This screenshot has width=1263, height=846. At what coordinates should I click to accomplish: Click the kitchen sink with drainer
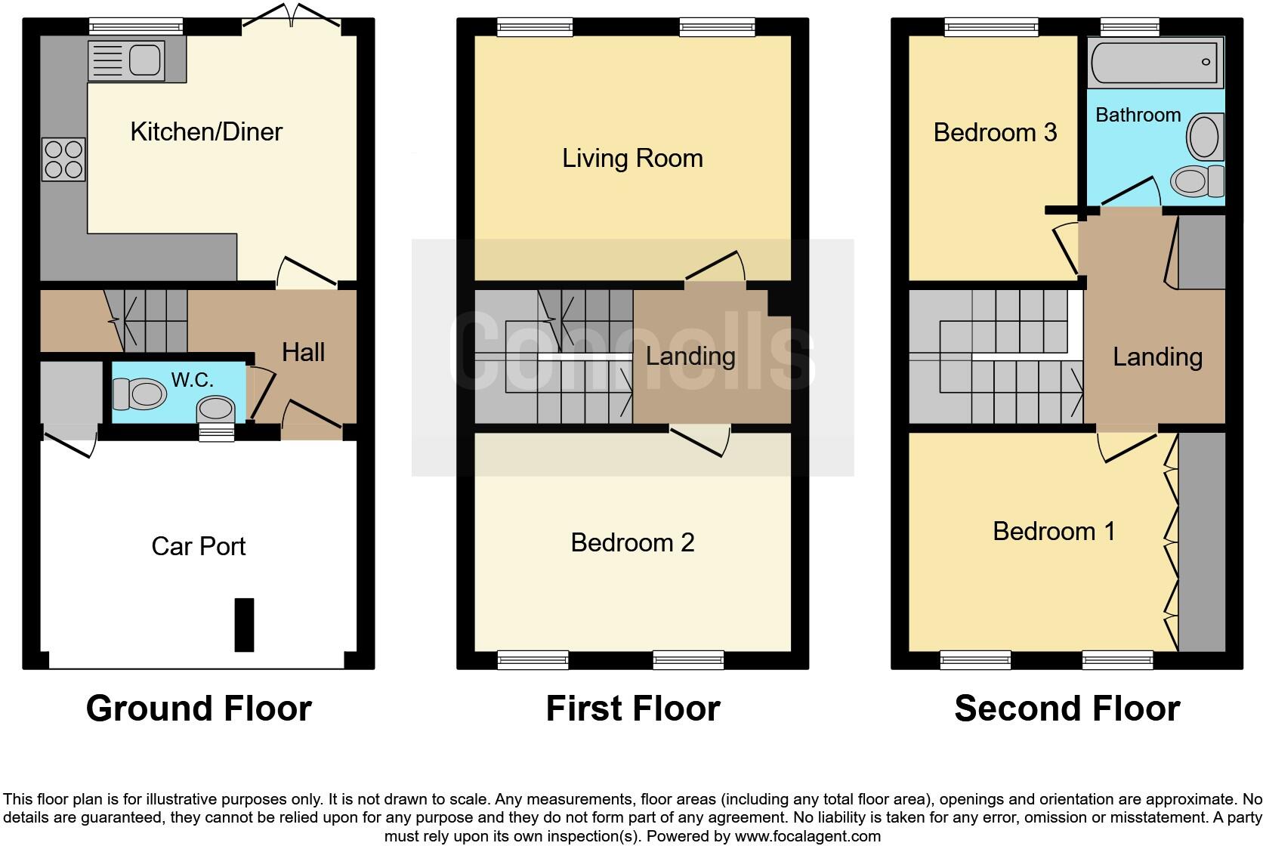pyautogui.click(x=127, y=60)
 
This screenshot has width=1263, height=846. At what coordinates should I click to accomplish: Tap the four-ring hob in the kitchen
pyautogui.click(x=63, y=159)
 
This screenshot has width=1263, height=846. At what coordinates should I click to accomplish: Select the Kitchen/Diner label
pyautogui.click(x=206, y=131)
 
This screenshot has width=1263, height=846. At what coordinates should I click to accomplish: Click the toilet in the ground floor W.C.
pyautogui.click(x=139, y=394)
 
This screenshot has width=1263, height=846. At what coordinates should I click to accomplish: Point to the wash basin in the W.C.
pyautogui.click(x=216, y=410)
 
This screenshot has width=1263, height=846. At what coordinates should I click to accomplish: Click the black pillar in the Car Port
pyautogui.click(x=244, y=625)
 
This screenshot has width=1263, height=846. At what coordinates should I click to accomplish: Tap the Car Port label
pyautogui.click(x=199, y=546)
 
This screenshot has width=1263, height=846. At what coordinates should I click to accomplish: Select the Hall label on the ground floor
pyautogui.click(x=303, y=352)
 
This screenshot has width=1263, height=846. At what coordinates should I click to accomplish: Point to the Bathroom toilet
pyautogui.click(x=1198, y=181)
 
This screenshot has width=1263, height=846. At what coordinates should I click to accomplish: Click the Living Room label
pyautogui.click(x=632, y=159)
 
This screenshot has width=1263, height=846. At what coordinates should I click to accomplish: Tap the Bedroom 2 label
pyautogui.click(x=632, y=542)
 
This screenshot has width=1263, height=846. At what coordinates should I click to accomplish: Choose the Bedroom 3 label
pyautogui.click(x=995, y=133)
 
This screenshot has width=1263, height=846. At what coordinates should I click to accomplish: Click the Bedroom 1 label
pyautogui.click(x=1054, y=531)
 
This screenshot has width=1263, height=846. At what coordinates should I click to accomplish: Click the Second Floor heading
pyautogui.click(x=1067, y=709)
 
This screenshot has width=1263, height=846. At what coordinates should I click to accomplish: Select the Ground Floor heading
pyautogui.click(x=199, y=709)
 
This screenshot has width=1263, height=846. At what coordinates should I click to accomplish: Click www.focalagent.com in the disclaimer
pyautogui.click(x=807, y=836)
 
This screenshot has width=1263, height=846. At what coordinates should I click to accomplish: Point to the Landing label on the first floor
pyautogui.click(x=690, y=356)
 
